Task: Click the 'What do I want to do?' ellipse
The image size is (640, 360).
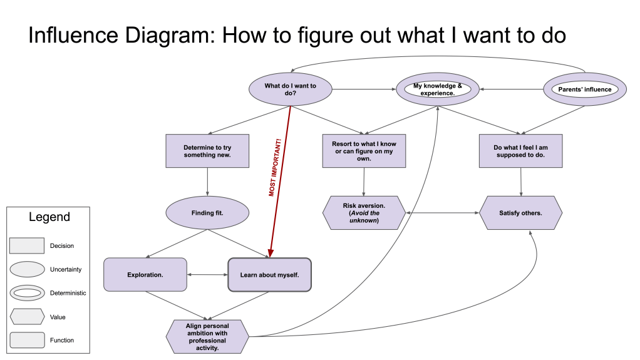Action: pos(290,90)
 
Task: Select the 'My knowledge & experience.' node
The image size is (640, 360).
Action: pos(438,90)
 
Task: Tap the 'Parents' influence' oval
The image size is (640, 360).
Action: pos(584,90)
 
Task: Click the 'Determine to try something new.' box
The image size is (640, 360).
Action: pos(207,151)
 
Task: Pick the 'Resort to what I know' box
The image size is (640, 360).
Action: pos(364,151)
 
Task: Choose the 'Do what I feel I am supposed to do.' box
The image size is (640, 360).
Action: pos(520,151)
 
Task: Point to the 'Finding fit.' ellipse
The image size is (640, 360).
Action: pos(207,213)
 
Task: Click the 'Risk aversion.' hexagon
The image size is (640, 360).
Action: pos(364,213)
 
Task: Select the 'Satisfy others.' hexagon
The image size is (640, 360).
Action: pos(520,213)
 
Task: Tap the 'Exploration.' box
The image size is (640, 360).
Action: pos(145,274)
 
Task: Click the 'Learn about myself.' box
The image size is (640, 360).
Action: pos(269,274)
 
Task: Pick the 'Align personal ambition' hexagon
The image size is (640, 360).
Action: pos(207,337)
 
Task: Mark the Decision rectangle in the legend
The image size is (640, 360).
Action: pos(27,245)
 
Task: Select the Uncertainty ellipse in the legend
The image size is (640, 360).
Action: pos(27,269)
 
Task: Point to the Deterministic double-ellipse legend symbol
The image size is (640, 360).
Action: pos(27,293)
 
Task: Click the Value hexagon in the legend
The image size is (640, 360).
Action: pos(27,317)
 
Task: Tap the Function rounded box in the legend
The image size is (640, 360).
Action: pos(27,341)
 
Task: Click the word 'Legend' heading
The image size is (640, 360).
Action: pos(49,218)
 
